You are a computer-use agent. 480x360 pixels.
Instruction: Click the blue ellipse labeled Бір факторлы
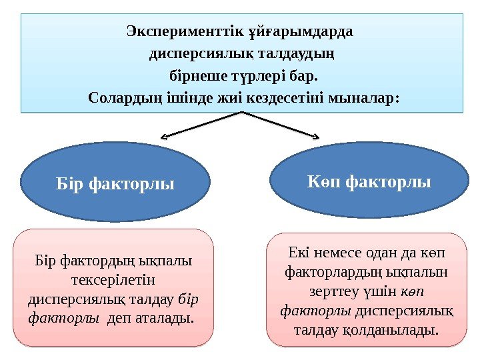point(115,181)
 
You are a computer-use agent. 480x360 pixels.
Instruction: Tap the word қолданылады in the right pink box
point(399,329)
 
